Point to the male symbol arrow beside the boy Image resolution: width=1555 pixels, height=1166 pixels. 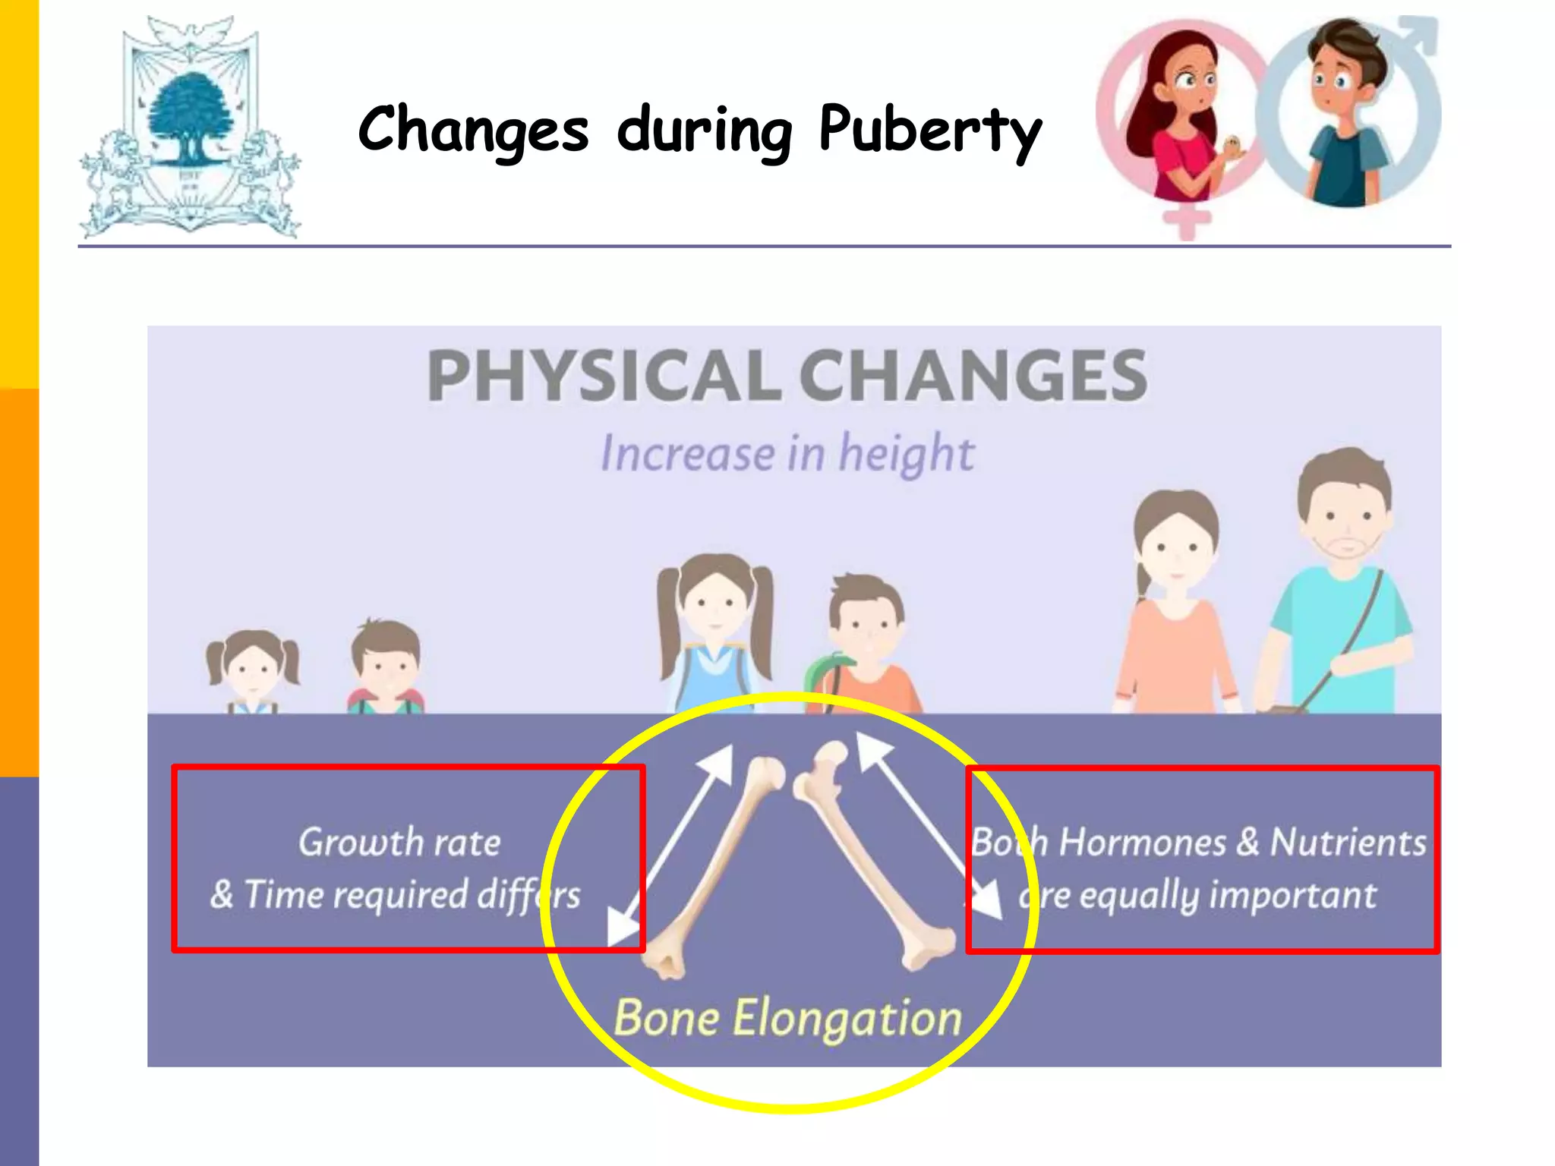[x=1418, y=34]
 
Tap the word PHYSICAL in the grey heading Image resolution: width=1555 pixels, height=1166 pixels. [x=604, y=375]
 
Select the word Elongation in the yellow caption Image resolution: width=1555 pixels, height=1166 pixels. [x=847, y=1018]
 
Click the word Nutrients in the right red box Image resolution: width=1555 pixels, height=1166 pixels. [x=1348, y=842]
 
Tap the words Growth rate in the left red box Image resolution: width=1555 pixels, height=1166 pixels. [x=399, y=842]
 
